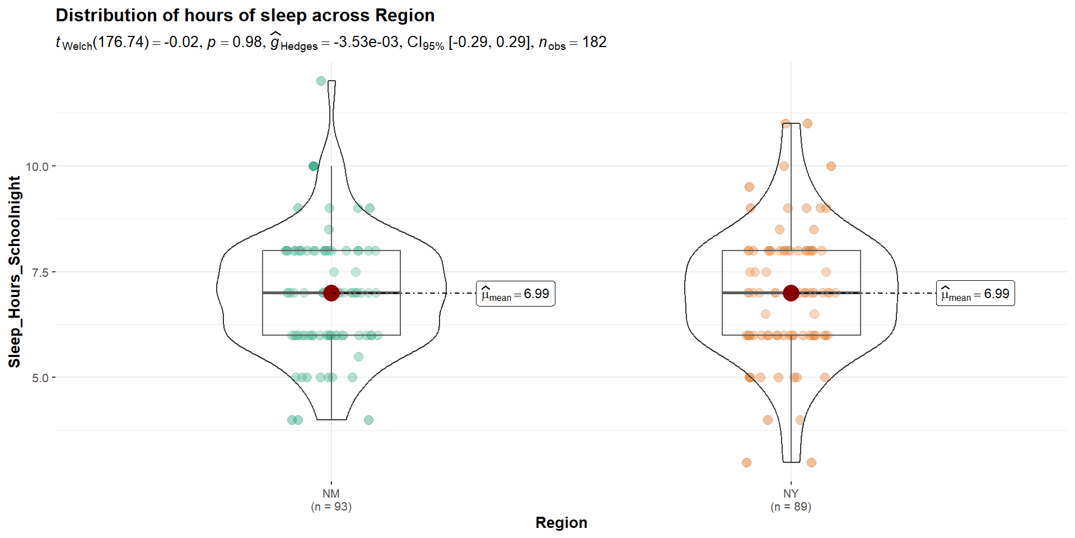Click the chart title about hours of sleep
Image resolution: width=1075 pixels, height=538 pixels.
(245, 15)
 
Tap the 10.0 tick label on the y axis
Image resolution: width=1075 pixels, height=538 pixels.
(37, 167)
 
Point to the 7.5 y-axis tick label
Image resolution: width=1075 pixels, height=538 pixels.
(40, 273)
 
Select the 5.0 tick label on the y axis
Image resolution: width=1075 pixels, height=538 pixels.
(40, 378)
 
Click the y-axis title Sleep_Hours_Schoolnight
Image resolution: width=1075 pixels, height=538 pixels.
(15, 272)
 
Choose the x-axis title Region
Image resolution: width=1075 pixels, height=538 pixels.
(561, 522)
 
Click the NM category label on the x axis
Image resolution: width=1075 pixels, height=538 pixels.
(331, 494)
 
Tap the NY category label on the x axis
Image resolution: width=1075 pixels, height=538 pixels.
(791, 494)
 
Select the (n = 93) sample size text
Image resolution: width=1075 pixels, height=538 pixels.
(331, 507)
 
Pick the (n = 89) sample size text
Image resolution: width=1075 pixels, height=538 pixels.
(791, 507)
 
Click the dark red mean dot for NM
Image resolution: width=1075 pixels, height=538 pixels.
(331, 293)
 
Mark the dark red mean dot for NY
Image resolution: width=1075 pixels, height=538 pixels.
(791, 293)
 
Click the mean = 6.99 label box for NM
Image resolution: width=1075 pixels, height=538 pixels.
(515, 294)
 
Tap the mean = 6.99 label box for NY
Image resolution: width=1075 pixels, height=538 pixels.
(975, 294)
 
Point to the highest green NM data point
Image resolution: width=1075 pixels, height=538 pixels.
(321, 81)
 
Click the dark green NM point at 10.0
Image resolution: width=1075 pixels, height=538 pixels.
(314, 166)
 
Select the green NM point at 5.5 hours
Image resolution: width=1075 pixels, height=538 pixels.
(358, 356)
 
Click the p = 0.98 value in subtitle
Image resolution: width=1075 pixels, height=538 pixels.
(235, 43)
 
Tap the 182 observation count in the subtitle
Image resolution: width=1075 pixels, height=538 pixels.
(594, 43)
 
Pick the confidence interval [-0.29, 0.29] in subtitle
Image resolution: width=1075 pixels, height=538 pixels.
(489, 43)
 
